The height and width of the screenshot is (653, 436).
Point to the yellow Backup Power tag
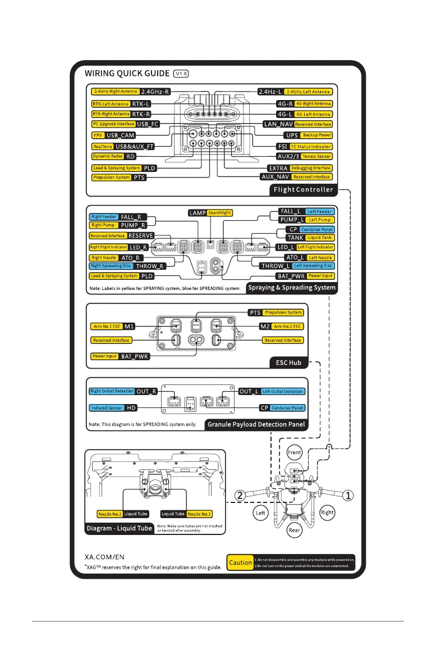(316, 135)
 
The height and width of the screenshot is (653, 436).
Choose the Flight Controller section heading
(303, 189)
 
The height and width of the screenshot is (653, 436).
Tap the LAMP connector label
(198, 213)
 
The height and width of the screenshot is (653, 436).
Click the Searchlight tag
(219, 213)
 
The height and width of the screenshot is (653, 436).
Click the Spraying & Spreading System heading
(295, 288)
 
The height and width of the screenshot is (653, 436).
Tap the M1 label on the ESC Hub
(129, 326)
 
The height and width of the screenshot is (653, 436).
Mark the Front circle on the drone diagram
(295, 452)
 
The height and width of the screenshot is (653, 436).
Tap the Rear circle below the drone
(295, 530)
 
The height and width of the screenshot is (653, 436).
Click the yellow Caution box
(240, 562)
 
